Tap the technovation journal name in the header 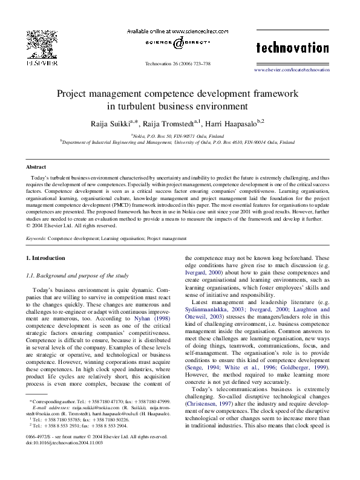coord(292,48)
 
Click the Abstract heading coord(36,166)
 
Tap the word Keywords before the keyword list coord(36,239)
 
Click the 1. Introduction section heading coord(45,258)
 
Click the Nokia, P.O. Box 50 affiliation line coord(177,137)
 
